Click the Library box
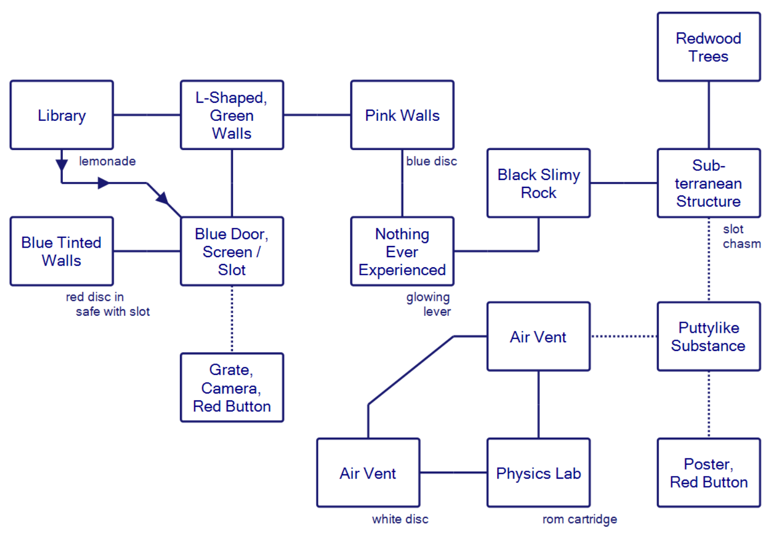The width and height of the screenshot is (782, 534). (62, 115)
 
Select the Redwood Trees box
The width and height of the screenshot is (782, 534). (709, 47)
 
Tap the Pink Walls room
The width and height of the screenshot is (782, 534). (402, 115)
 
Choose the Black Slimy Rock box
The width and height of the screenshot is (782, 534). (538, 183)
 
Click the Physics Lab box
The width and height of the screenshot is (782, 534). (538, 473)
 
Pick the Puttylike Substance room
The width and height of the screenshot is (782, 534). (709, 336)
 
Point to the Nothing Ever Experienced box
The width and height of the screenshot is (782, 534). (402, 251)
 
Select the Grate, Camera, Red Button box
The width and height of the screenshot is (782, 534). (232, 388)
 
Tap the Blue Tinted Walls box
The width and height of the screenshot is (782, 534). (62, 251)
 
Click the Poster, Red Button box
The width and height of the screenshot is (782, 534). (709, 473)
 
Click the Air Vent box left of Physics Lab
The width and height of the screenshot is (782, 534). (368, 473)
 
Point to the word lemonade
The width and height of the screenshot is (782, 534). (107, 161)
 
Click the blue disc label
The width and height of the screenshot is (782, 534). (431, 161)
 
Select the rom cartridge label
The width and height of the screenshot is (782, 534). (580, 519)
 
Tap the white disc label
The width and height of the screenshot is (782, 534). (400, 519)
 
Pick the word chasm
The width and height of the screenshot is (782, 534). (742, 244)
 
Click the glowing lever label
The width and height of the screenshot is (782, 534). (429, 305)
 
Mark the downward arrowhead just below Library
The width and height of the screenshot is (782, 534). (62, 164)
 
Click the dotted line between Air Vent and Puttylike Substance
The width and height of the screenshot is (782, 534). (624, 336)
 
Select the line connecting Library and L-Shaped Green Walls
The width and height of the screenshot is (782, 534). (147, 115)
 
